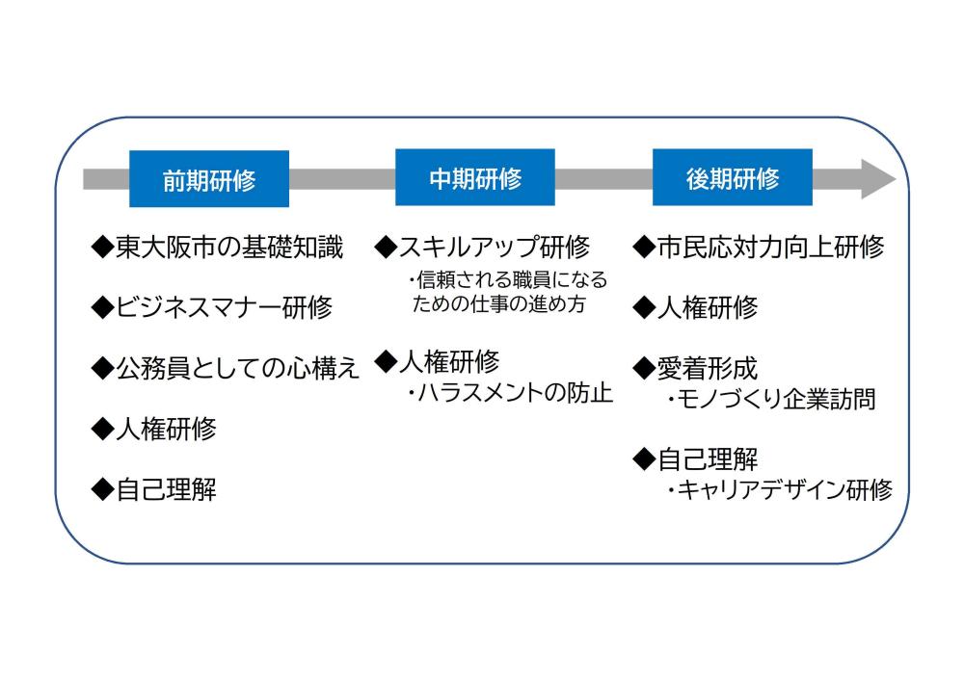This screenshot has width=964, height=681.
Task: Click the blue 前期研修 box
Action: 209,179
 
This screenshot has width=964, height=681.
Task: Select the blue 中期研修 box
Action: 475,177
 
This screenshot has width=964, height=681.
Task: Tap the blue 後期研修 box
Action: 733,177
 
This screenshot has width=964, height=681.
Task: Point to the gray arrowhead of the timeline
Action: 878,179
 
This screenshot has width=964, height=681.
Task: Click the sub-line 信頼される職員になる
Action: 508,280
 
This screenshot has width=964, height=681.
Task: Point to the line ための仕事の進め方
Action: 498,304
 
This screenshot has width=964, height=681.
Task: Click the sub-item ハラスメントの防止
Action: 510,392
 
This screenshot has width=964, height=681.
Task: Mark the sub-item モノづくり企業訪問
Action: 771,399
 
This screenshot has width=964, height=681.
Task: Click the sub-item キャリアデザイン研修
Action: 780,490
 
